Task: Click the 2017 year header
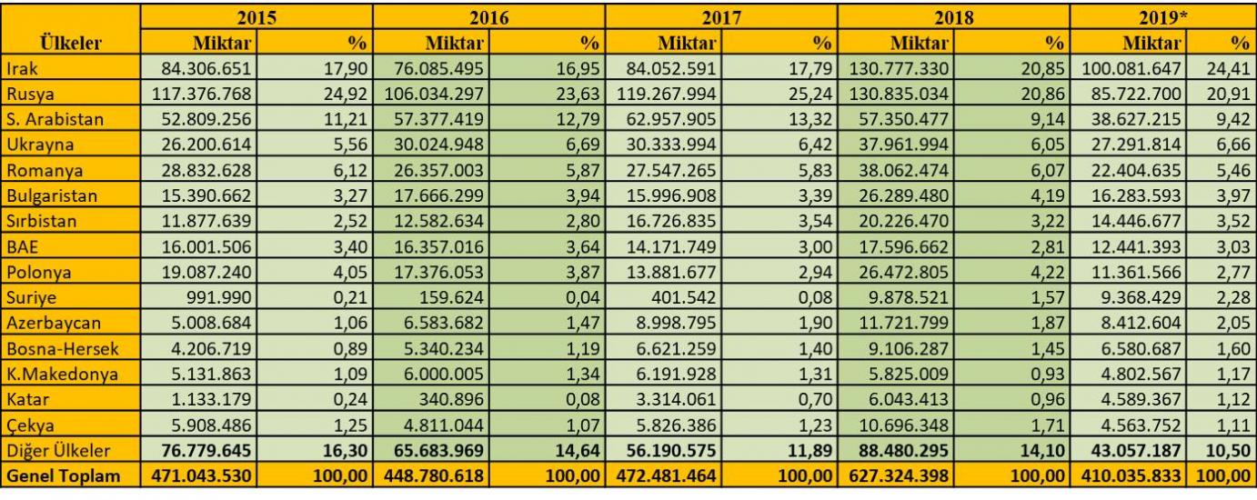721,16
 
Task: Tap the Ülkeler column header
70,42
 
